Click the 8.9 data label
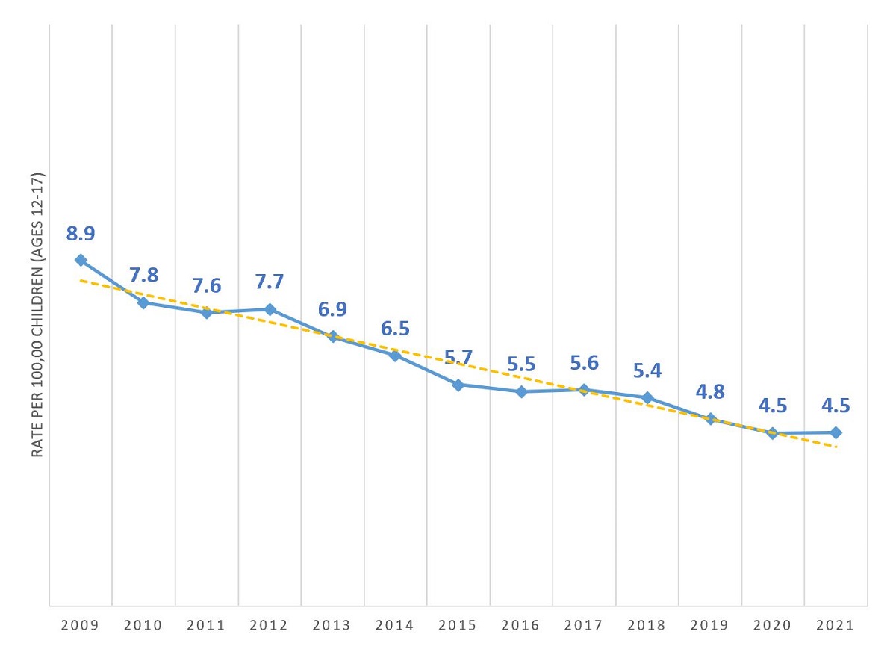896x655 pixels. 81,234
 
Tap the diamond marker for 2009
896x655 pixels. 81,260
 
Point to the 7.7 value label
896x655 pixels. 270,282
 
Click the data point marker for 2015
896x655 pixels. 458,385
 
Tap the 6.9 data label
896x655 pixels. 332,309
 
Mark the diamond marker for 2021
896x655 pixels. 836,432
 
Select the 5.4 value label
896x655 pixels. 647,370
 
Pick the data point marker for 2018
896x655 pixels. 647,397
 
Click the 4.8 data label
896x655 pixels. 710,392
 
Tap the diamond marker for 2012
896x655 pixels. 270,309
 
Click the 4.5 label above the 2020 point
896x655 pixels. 773,406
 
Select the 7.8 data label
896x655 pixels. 143,275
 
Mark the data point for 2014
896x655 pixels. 395,355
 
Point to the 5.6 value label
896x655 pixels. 584,362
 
